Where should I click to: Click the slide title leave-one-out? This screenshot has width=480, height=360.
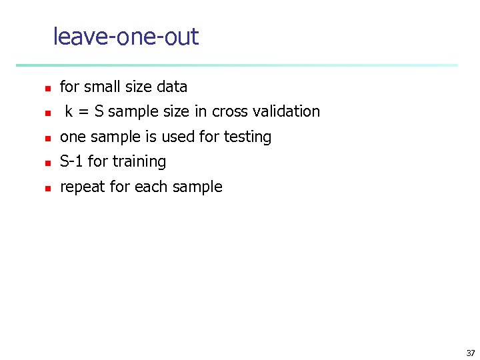click(125, 37)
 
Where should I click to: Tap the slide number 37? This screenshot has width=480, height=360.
click(470, 353)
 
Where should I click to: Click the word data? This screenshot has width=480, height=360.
click(172, 87)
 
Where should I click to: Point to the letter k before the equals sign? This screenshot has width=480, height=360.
click(69, 111)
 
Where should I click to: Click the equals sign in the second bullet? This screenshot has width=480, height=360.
click(84, 112)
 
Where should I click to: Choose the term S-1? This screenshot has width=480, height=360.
click(71, 161)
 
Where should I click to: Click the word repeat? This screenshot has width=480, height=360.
click(83, 187)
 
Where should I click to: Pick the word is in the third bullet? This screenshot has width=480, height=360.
click(143, 137)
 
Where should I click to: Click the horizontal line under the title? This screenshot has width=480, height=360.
click(237, 65)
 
